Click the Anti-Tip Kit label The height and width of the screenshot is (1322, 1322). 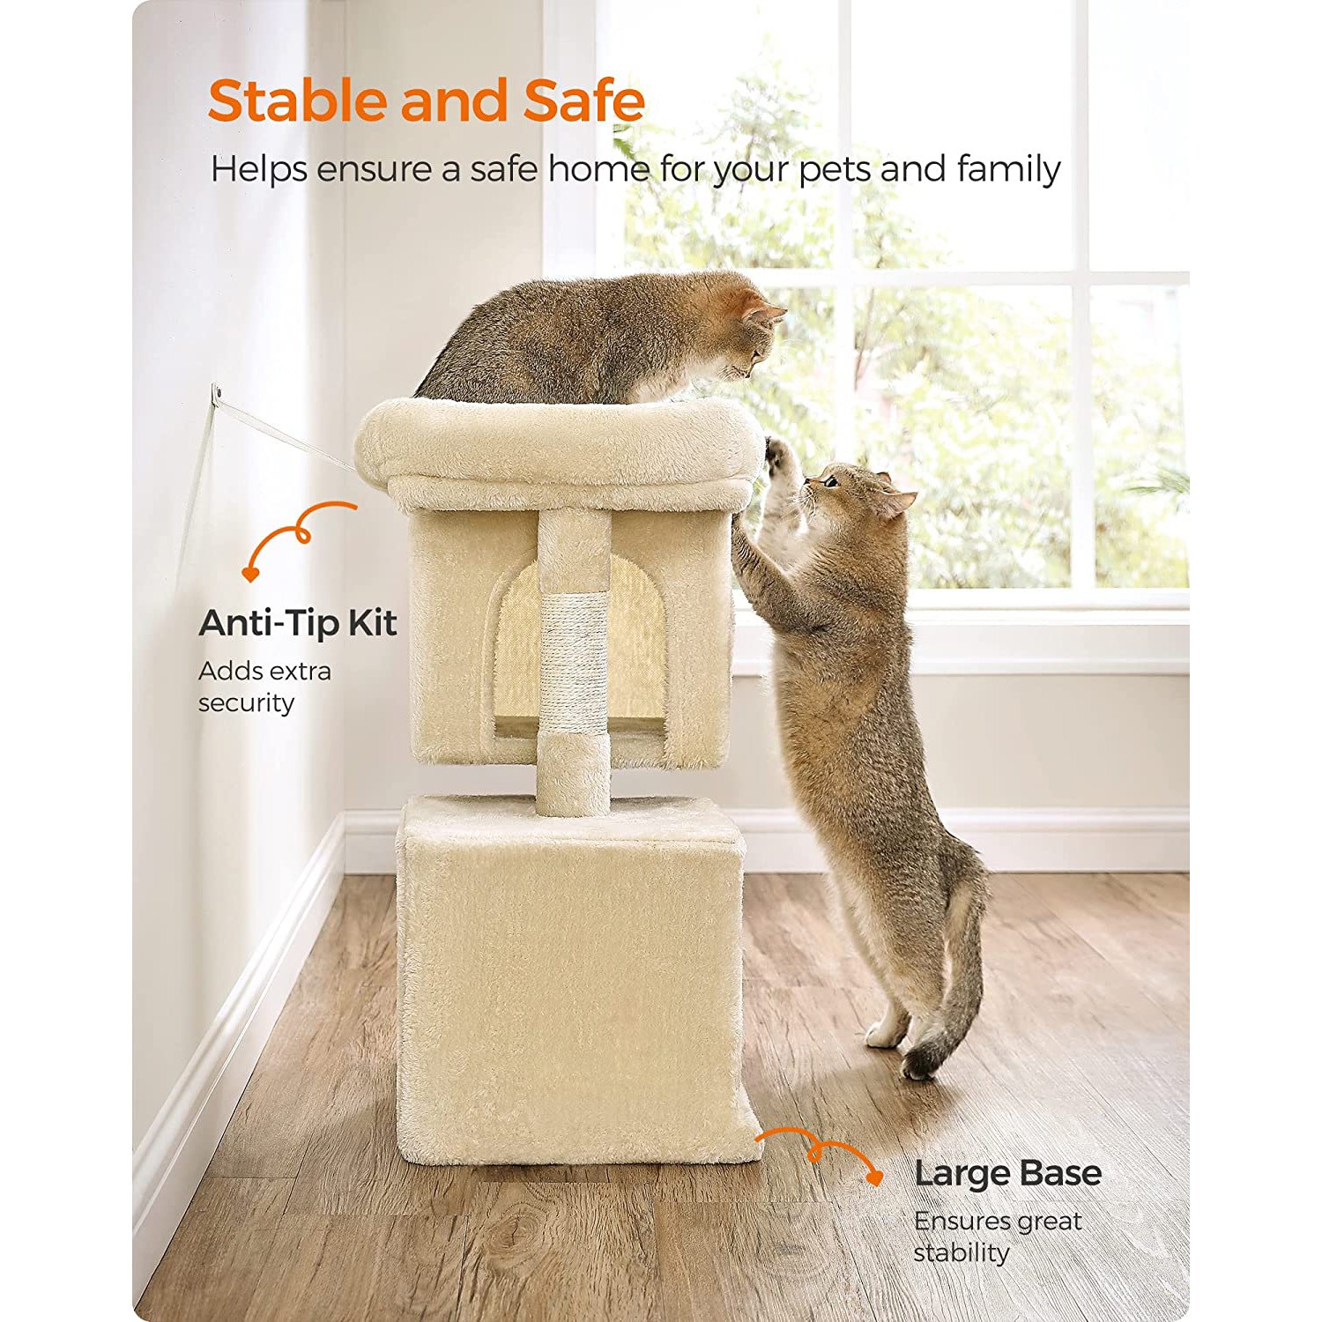(298, 623)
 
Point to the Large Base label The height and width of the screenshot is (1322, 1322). (1007, 1173)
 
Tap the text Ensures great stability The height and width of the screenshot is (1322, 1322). (997, 1237)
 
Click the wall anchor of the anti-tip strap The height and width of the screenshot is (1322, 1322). (216, 393)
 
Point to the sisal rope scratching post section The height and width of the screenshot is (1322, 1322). (574, 662)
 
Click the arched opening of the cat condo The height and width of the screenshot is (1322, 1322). (577, 648)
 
